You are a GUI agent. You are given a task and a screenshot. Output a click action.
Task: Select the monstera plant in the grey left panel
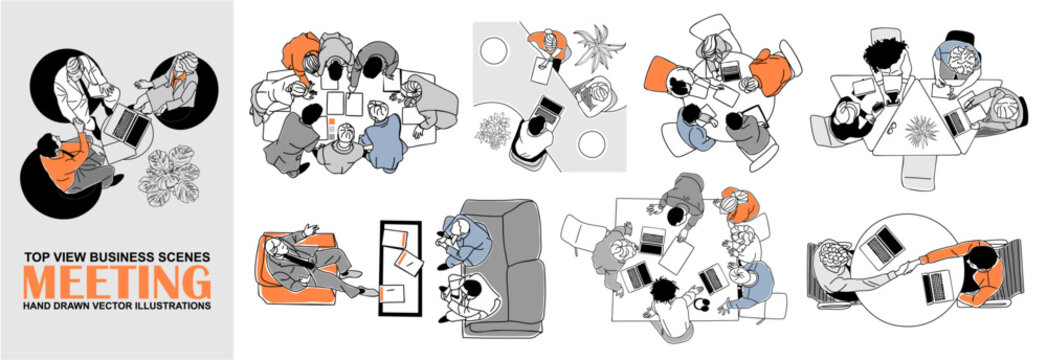pos(170,174)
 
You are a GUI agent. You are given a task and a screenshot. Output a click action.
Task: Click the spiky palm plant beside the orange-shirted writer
pos(599,46)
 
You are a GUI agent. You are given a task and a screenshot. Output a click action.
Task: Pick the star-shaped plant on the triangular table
pos(921,131)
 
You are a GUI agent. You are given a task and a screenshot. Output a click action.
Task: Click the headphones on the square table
pos(700,305)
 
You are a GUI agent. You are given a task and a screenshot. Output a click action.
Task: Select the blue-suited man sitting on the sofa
pos(464,240)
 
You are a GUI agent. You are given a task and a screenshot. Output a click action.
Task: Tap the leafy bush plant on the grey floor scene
pos(493,130)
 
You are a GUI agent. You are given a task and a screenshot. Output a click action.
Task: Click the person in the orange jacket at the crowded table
pos(300,57)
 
